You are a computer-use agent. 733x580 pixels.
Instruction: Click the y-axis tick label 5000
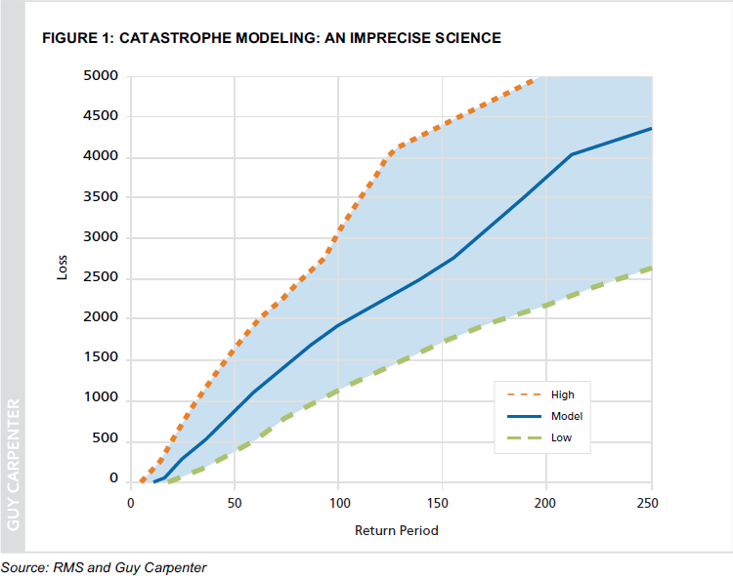[102, 75]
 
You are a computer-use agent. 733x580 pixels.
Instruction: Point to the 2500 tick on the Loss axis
[102, 277]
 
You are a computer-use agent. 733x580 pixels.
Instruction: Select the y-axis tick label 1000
[102, 398]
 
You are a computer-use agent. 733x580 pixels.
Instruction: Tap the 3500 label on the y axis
[102, 196]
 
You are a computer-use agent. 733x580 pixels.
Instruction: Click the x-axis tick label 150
[442, 503]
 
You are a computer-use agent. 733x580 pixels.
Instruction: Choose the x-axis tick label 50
[235, 503]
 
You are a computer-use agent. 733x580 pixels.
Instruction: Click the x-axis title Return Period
[396, 530]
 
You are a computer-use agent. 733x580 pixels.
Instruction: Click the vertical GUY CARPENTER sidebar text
[14, 464]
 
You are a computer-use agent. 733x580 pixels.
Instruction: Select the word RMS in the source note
[70, 567]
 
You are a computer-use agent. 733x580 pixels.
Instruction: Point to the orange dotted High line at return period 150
[442, 122]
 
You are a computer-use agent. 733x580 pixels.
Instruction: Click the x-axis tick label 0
[131, 503]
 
